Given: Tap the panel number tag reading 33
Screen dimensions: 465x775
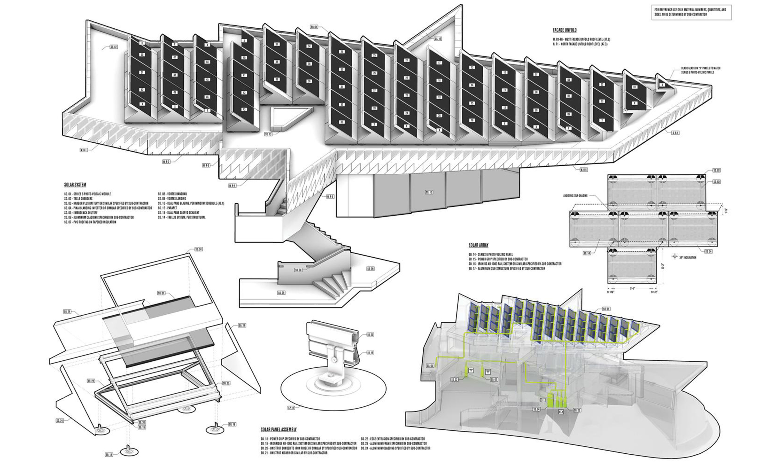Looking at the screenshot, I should pos(342,122).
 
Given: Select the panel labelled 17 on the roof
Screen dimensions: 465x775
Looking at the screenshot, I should pos(439,63).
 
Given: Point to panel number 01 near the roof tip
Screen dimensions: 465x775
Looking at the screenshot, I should pos(634,87).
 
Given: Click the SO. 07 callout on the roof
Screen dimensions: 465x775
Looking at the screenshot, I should pos(114,47).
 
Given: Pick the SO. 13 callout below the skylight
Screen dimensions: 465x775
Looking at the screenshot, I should pos(268,134).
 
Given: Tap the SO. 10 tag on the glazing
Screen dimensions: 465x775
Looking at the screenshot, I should pos(429,192).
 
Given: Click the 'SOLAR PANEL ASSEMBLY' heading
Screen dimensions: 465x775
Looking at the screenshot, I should pos(278,429).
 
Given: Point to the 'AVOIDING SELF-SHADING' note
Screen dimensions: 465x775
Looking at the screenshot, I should pos(576,196).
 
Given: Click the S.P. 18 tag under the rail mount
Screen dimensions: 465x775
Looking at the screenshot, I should pos(291,408).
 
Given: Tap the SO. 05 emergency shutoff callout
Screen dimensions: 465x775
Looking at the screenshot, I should pos(430,366).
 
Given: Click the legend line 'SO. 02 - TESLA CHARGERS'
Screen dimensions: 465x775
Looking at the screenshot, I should pos(78,199).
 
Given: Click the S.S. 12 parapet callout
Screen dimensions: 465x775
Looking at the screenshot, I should pos(438,39).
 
